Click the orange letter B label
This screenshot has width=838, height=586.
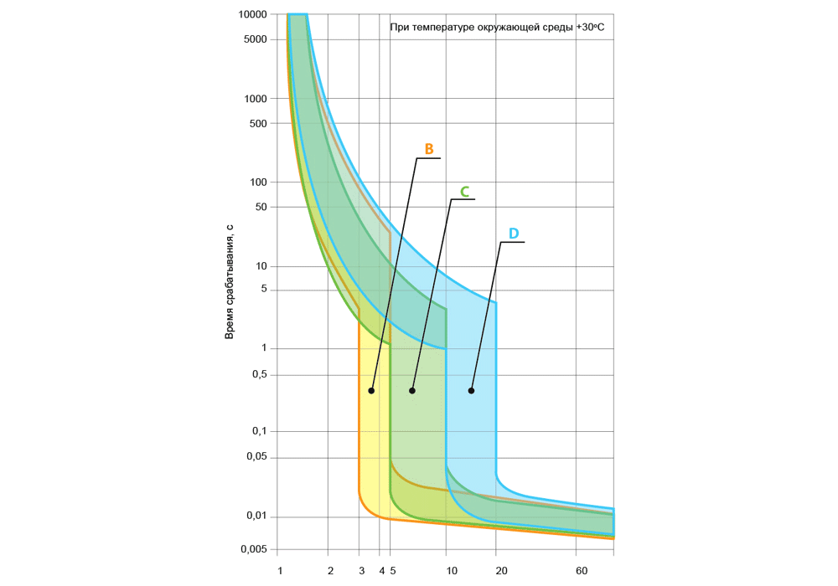pos(428,149)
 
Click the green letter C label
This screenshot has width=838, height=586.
pos(464,191)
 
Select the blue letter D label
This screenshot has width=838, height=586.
pos(514,233)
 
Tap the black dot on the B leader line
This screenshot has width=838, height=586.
pos(371,391)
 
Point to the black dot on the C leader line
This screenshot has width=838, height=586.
pos(412,391)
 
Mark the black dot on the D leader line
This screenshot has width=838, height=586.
pos(471,391)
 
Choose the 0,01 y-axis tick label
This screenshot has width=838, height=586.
pos(256,517)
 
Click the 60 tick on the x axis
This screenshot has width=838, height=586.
pos(582,571)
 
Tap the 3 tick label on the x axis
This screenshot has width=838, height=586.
pos(361,571)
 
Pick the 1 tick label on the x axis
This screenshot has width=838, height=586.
pos(280,571)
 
